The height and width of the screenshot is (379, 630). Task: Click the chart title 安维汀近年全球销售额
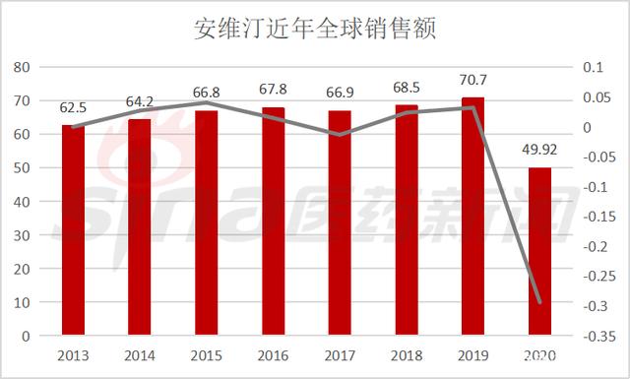pos(315,28)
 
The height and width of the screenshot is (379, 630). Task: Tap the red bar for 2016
pos(274,221)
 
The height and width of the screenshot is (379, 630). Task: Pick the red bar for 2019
pos(473,216)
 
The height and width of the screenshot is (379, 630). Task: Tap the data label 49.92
pos(539,151)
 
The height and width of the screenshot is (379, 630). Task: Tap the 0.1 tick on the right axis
pos(591,67)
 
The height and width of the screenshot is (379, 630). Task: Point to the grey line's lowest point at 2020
pos(539,303)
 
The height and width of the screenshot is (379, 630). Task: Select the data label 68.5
pos(407,89)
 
